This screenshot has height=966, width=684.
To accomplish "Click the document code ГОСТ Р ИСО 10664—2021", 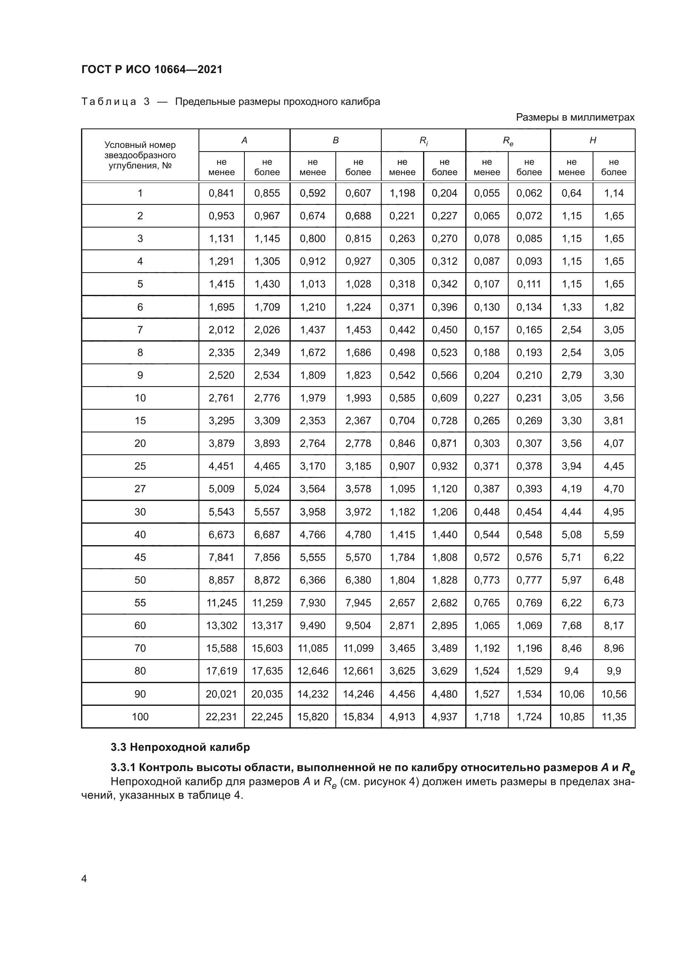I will coord(152,69).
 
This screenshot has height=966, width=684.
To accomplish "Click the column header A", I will coord(244,140).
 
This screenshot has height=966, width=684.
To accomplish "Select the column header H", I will coord(593,140).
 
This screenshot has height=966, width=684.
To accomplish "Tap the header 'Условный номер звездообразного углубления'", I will coord(140,155).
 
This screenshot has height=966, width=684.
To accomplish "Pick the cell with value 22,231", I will coord(221,717).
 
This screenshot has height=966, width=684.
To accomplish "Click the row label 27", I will coord(140,489).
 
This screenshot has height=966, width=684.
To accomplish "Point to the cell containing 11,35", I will coord(614,717).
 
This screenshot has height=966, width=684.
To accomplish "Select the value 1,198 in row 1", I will coord(402,193).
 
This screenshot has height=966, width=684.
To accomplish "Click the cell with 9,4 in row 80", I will coord(571,671).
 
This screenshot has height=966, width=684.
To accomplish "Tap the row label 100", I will coord(140,717).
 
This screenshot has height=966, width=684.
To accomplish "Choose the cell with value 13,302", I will coord(221,625).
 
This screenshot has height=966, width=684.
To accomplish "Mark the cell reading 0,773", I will coord(486,580).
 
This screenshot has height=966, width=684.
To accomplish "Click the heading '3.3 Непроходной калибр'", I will coord(180,747).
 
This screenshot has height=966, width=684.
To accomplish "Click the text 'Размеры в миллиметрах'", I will coord(575,117).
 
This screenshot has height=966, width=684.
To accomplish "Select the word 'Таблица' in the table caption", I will coord(109,102).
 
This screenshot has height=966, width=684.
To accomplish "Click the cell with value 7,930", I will coord(313,603).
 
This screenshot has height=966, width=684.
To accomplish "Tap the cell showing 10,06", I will coord(571,694).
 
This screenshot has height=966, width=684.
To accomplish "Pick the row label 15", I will coord(140,420).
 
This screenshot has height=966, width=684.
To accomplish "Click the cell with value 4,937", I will coord(444,717).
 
